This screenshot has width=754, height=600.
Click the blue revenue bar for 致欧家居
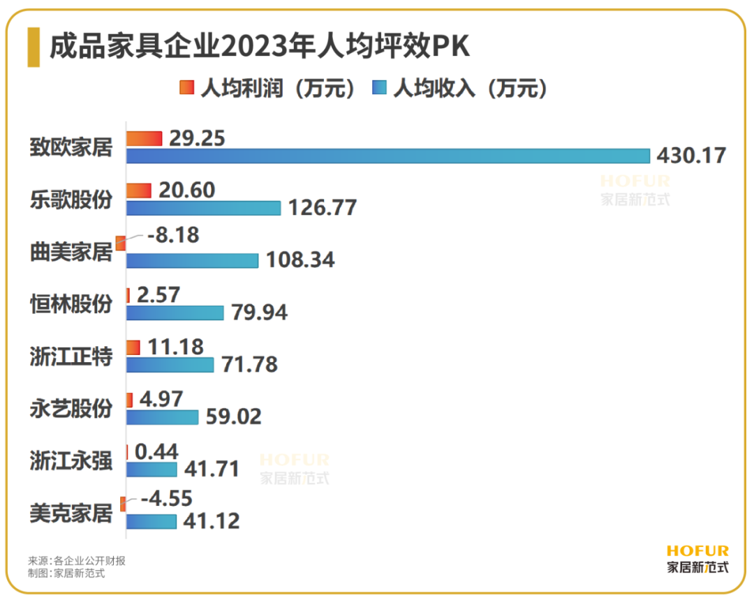(x=387, y=156)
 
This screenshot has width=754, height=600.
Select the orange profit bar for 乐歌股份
(x=139, y=190)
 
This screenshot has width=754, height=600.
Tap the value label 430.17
(x=690, y=155)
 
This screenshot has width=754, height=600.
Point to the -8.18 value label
(x=172, y=235)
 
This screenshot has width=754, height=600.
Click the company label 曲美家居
(x=71, y=252)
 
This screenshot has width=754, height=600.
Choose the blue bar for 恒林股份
(x=175, y=313)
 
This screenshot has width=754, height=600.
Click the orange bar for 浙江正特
(x=133, y=347)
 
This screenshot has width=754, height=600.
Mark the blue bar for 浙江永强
(x=151, y=469)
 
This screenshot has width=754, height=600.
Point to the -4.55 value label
(x=166, y=498)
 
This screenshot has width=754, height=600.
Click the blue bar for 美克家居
(x=151, y=521)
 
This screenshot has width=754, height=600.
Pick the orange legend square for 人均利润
(x=186, y=89)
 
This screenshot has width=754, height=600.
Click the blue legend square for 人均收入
(x=379, y=89)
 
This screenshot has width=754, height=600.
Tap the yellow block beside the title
(x=34, y=47)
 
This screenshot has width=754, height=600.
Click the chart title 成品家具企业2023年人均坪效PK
(x=260, y=47)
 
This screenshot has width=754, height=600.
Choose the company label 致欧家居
(x=71, y=147)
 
